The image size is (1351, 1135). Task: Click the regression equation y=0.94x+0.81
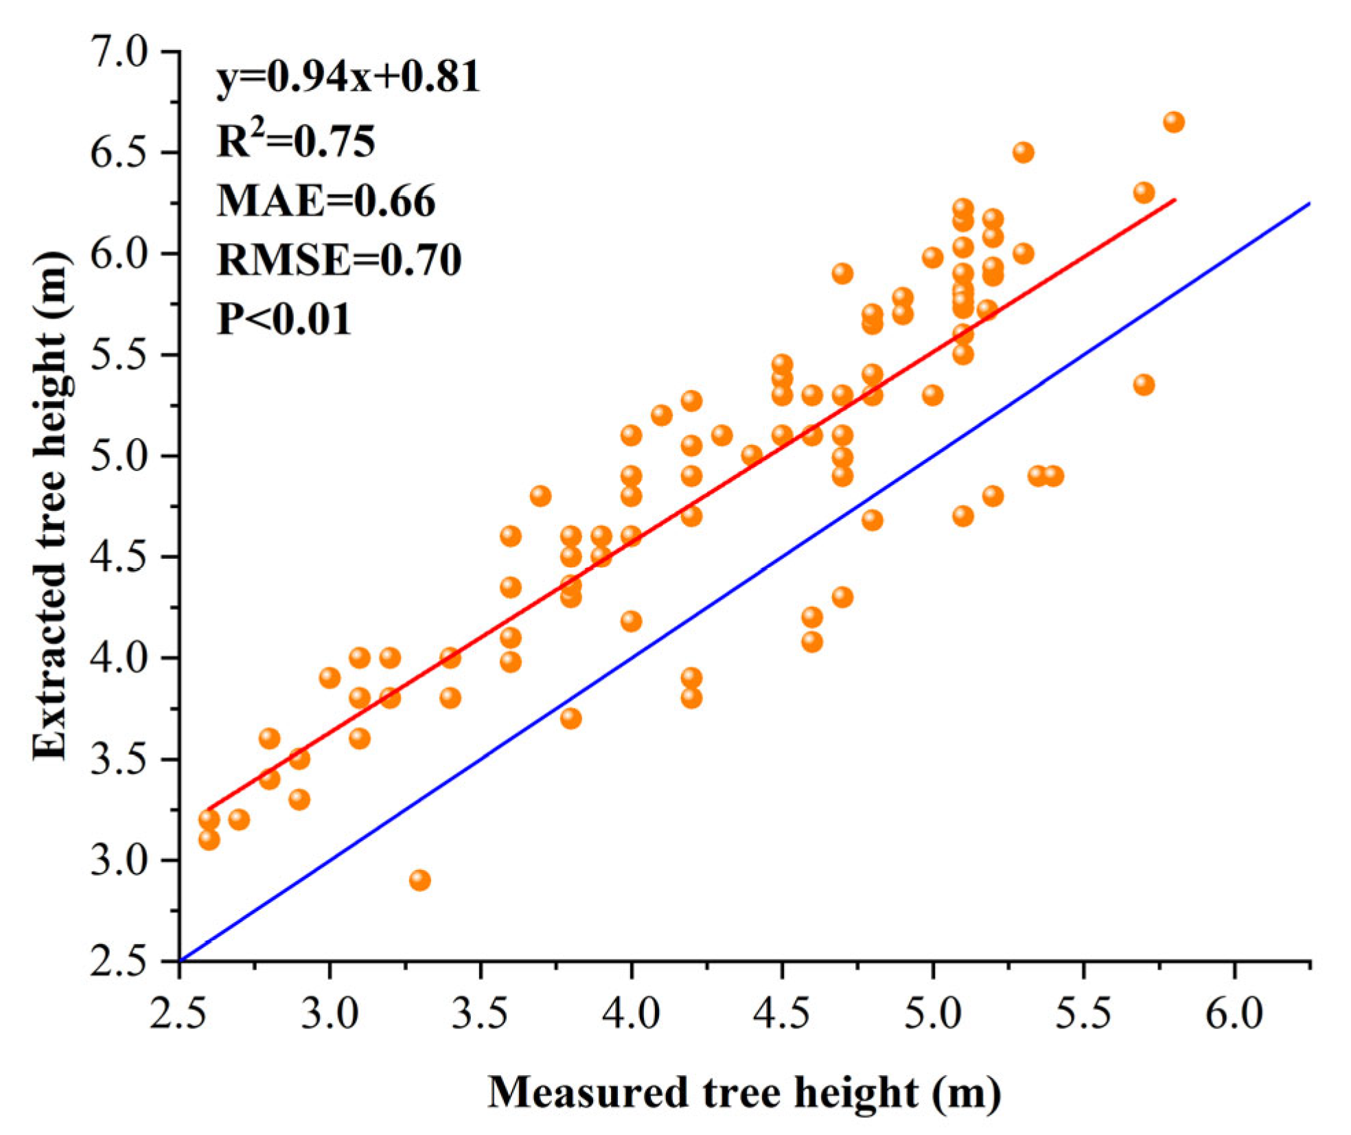348,77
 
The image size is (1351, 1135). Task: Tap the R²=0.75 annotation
296,141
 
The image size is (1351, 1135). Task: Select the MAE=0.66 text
326,200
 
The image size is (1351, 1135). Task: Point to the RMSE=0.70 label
339,260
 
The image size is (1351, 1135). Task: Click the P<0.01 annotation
284,319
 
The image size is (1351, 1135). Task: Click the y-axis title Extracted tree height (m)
51,505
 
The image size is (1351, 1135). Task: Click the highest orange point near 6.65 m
1174,122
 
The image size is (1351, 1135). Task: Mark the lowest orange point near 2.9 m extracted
420,880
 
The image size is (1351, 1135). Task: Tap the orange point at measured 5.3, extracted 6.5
1023,152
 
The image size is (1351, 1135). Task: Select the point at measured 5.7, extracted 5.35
1144,385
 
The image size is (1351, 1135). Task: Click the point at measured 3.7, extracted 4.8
540,496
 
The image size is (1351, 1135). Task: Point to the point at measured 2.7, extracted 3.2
239,819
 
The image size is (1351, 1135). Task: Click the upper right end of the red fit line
1175,200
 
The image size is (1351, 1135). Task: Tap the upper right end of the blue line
1309,204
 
